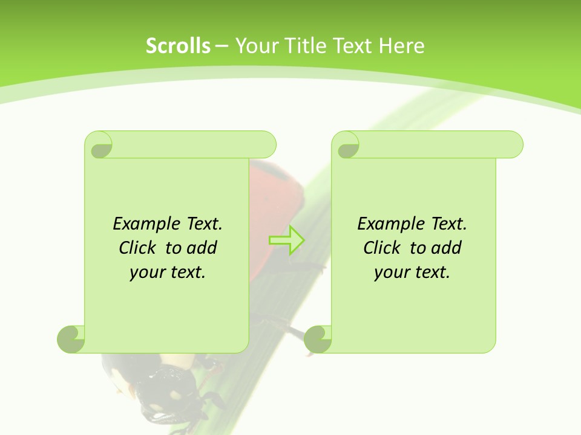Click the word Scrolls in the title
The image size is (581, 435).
(x=178, y=46)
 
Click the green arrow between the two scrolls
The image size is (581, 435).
(x=286, y=240)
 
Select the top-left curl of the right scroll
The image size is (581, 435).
(x=346, y=145)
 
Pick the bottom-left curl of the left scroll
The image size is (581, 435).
(x=71, y=339)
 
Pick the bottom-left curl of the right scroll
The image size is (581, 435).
(x=318, y=339)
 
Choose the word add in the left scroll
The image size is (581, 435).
(x=202, y=248)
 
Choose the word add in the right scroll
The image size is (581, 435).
(x=446, y=248)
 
